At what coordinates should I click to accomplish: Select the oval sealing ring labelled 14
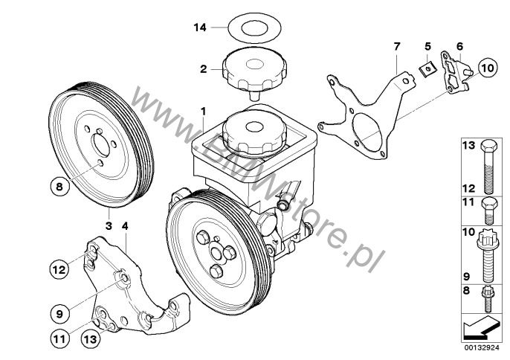coord(248,30)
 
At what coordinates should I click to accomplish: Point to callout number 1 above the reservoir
coord(202,112)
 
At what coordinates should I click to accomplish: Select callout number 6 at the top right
coord(459,46)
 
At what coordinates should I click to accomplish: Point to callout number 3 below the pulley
coord(109,224)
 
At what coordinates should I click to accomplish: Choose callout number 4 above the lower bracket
coord(126,224)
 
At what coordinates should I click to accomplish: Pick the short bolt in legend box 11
coord(486,210)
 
